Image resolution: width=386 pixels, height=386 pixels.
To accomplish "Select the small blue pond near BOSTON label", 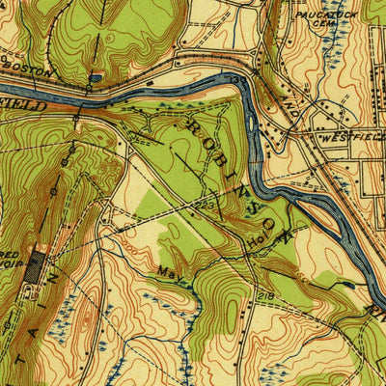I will [96, 77].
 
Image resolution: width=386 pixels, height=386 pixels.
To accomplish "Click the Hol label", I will [258, 246].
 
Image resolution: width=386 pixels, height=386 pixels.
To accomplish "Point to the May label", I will [171, 272].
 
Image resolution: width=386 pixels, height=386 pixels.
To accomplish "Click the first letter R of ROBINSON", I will [194, 126].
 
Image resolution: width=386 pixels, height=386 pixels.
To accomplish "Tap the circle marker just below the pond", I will [90, 88].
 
